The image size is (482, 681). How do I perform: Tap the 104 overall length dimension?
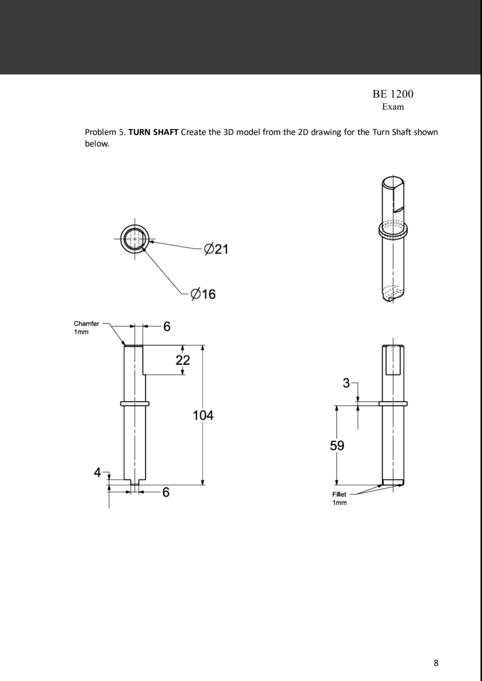203,415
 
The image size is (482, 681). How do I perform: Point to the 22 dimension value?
183,360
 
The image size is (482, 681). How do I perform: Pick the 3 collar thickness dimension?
346,383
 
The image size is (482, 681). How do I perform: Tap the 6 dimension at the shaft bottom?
166,492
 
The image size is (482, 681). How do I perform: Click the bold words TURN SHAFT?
153,132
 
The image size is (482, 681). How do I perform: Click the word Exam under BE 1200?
393,107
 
